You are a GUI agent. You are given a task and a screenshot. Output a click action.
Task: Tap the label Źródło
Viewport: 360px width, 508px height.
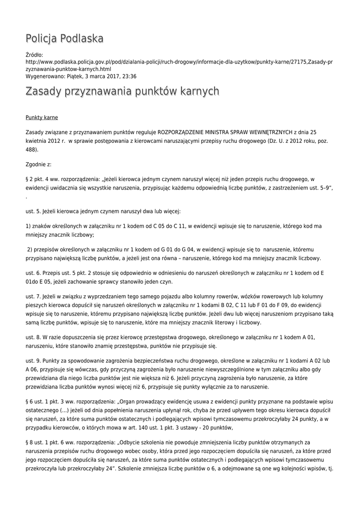point(34,55)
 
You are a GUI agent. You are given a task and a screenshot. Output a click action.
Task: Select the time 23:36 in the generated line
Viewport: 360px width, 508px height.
point(129,76)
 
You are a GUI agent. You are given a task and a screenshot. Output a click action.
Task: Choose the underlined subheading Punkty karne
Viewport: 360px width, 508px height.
point(42,118)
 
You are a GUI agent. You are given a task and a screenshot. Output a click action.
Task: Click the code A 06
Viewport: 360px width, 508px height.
point(32,370)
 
